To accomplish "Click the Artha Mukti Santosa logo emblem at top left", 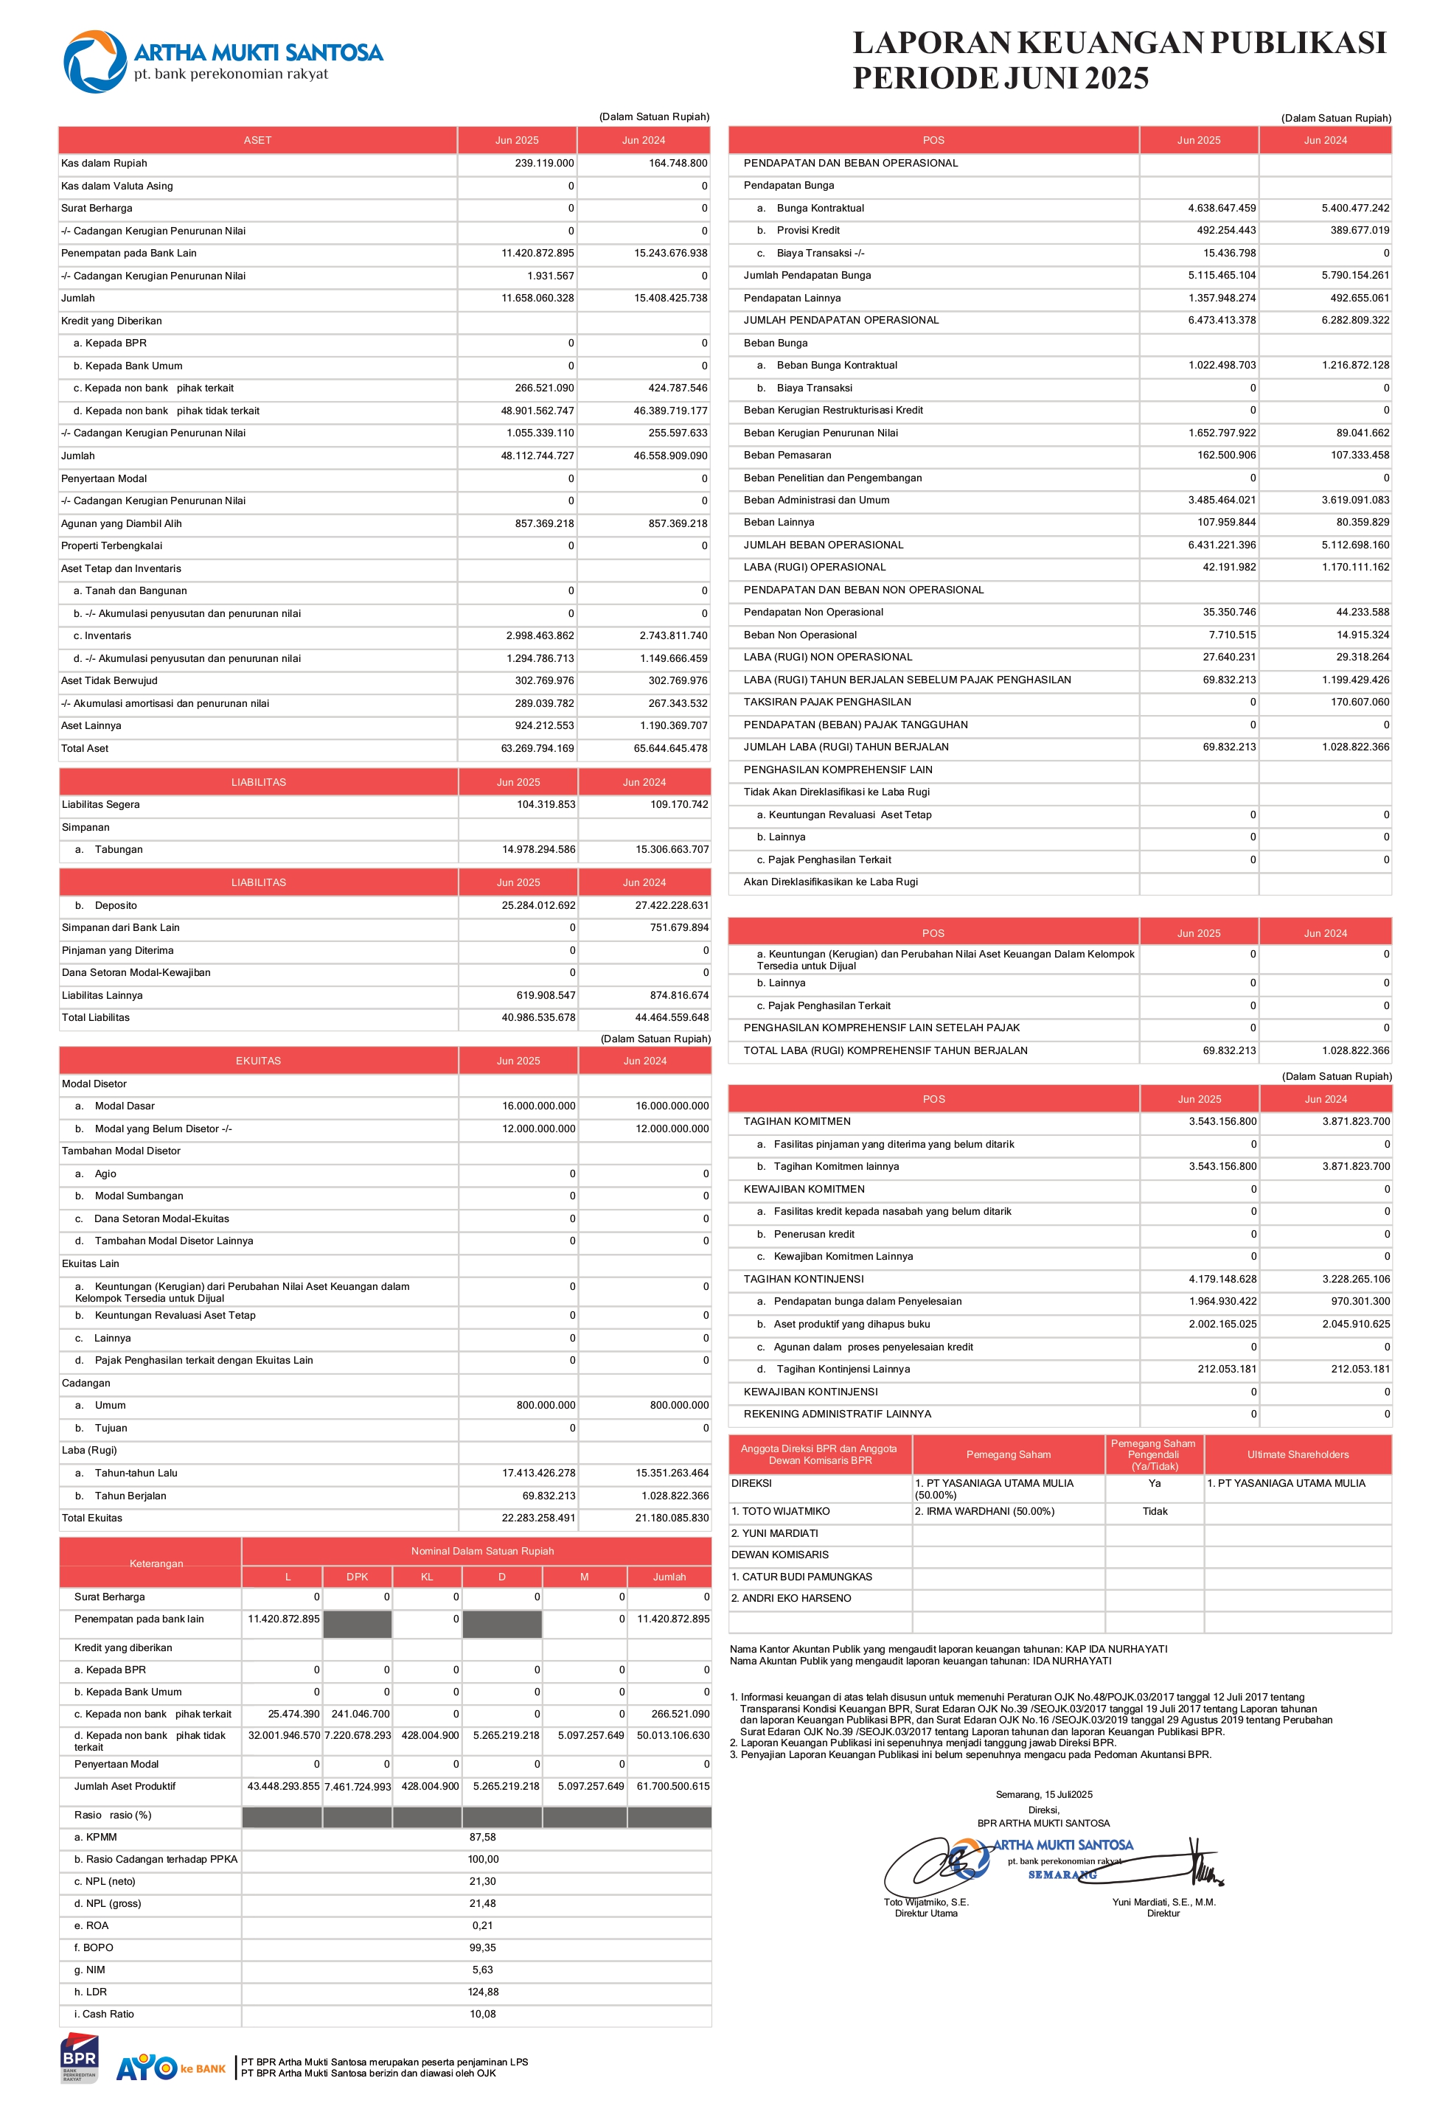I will pyautogui.click(x=94, y=61).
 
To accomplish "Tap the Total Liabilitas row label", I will pyautogui.click(x=96, y=1018).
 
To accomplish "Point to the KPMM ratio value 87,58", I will pyautogui.click(x=482, y=1838).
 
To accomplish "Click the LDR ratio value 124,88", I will pyautogui.click(x=483, y=1992).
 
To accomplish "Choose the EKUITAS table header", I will pyautogui.click(x=259, y=1061).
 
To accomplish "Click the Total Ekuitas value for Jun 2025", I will pyautogui.click(x=538, y=1518).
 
